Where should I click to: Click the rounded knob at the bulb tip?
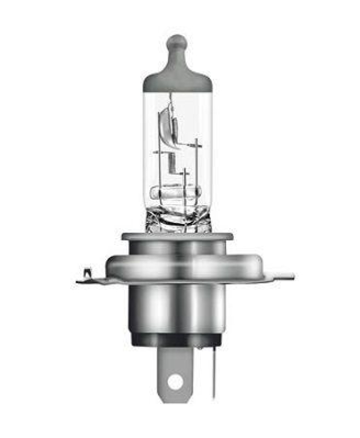coord(176,43)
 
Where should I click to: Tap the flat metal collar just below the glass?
coord(177,237)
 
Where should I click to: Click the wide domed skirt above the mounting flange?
coord(177,266)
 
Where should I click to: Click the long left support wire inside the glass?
coord(160,170)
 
